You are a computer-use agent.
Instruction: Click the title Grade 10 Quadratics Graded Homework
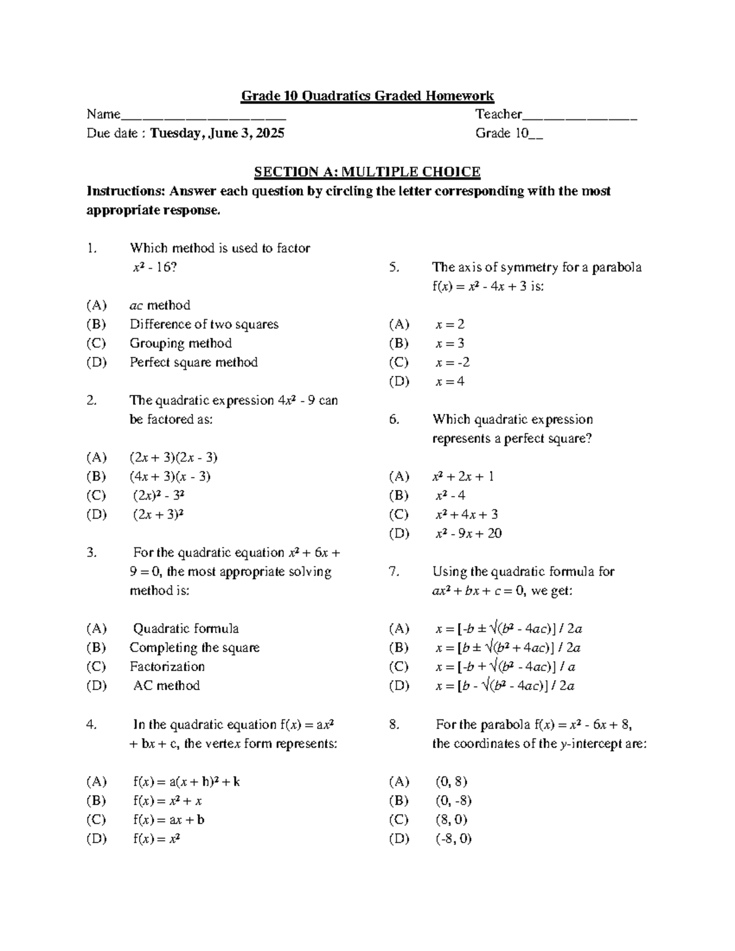(367, 96)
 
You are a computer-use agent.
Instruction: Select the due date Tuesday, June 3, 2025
(217, 133)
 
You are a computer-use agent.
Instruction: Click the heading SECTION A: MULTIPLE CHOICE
(367, 172)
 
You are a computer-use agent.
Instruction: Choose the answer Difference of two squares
(204, 325)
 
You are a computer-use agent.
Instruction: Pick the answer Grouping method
(181, 344)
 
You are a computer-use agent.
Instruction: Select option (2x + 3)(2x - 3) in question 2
(173, 457)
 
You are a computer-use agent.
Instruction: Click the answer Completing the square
(194, 648)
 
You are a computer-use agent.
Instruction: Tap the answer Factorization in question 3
(167, 667)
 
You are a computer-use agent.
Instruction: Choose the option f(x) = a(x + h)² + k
(186, 782)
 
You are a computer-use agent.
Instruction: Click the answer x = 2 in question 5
(450, 325)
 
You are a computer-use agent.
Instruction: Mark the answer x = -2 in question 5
(453, 363)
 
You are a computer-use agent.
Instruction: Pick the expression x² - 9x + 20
(468, 533)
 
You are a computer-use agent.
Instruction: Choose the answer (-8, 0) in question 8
(453, 839)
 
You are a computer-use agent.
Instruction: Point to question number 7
(394, 572)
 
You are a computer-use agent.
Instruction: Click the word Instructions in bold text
(126, 191)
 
